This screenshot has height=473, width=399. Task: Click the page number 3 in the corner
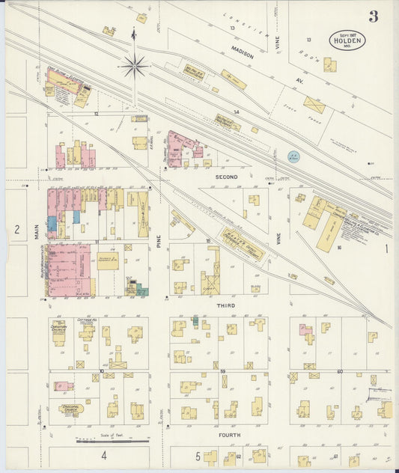(373, 16)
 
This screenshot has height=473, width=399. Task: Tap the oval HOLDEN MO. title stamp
(347, 40)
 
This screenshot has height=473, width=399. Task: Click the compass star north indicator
(134, 67)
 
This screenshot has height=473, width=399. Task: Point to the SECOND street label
(226, 177)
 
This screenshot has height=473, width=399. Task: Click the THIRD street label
(226, 305)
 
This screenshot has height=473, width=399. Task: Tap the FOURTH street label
(228, 434)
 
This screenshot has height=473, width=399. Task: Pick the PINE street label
(159, 241)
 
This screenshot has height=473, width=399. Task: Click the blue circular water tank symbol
(293, 156)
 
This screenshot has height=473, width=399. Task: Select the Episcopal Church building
(72, 409)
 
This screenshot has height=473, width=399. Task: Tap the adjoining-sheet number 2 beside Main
(16, 230)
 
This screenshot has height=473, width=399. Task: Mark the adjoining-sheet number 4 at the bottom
(104, 455)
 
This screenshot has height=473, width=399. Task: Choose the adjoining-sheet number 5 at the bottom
(198, 456)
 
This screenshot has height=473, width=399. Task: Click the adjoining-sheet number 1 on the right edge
(387, 248)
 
